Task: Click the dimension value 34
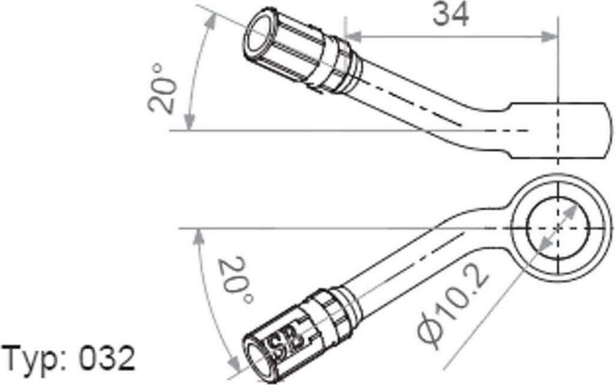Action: (450, 15)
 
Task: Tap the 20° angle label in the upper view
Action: (160, 89)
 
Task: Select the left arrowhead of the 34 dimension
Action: (353, 37)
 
